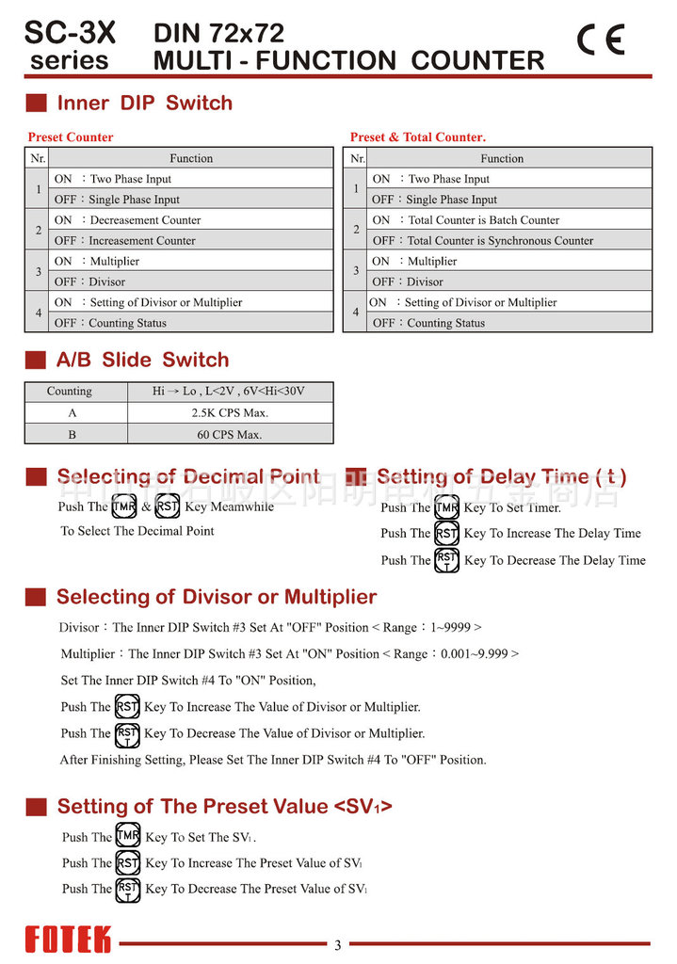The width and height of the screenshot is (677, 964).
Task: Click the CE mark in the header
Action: (601, 40)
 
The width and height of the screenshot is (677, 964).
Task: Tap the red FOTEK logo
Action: (68, 940)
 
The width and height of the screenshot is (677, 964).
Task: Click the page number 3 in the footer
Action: (338, 945)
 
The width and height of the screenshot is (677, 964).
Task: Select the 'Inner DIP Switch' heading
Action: (144, 103)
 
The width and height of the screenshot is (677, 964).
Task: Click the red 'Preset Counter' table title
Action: (71, 137)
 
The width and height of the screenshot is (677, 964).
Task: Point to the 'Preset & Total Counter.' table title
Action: (418, 137)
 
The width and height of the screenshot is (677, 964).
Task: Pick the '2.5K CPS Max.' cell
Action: (230, 413)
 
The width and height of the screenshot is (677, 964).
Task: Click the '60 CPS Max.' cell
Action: (230, 434)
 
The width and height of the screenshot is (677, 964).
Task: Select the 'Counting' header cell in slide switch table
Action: (70, 392)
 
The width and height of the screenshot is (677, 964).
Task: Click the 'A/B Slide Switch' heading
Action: (142, 360)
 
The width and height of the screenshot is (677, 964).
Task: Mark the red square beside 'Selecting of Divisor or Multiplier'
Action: (36, 597)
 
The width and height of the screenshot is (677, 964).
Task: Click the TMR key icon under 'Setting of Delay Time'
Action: (447, 507)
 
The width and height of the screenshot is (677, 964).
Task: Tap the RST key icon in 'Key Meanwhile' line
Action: (167, 506)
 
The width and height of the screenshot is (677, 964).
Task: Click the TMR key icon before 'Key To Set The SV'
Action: (128, 836)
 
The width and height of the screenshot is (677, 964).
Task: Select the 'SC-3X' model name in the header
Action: (70, 34)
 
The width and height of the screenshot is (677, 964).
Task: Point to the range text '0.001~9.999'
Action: (475, 653)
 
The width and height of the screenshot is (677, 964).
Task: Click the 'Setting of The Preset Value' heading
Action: (224, 807)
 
